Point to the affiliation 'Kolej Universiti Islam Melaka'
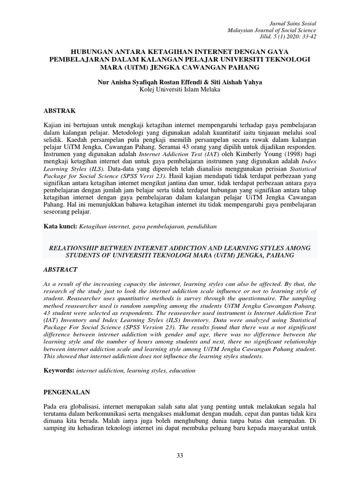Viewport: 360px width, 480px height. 180,90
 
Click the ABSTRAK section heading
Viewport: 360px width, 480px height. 59,111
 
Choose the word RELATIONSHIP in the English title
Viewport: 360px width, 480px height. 83,247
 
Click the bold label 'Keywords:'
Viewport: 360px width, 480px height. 59,370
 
